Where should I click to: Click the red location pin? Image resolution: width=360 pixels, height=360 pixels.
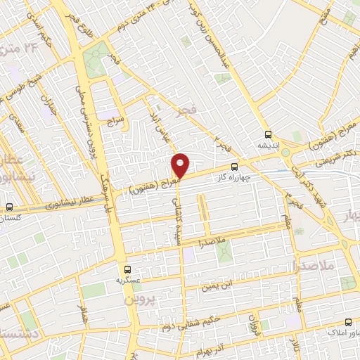pos(181,165)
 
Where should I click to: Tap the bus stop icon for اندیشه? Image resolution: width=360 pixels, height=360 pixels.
pos(267,134)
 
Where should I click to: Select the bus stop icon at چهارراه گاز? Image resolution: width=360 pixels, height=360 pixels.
pos(234,167)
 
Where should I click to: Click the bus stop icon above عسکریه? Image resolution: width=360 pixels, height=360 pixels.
pos(127,269)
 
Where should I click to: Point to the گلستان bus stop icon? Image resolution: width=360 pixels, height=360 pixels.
pos(9,207)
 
